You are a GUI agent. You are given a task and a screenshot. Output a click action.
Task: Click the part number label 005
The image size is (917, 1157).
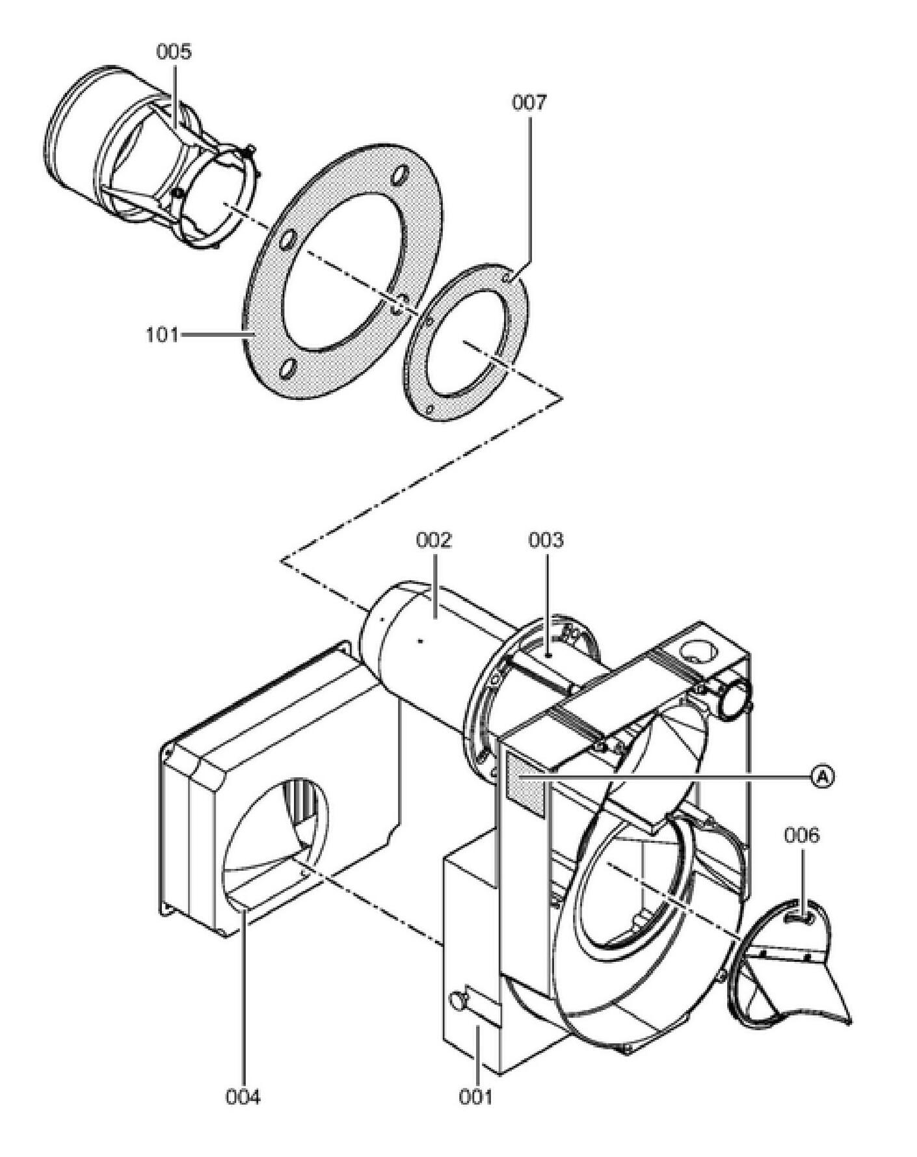pos(174,52)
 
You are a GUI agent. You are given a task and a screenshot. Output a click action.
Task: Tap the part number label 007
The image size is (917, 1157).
pos(529,102)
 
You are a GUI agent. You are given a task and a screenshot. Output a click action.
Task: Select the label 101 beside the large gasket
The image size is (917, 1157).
pos(161,335)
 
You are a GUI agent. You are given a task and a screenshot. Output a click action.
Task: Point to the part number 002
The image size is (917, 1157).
pos(434,540)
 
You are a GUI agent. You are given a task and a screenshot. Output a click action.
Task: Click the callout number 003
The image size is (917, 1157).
pos(546,540)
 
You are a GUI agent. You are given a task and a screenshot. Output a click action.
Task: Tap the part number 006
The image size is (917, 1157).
pos(801,835)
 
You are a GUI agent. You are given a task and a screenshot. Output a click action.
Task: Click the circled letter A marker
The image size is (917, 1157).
pos(823,776)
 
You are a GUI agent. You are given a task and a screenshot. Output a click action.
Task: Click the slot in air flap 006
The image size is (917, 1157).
pos(799,917)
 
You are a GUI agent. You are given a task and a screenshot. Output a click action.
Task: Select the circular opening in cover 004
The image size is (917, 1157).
pos(276,832)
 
